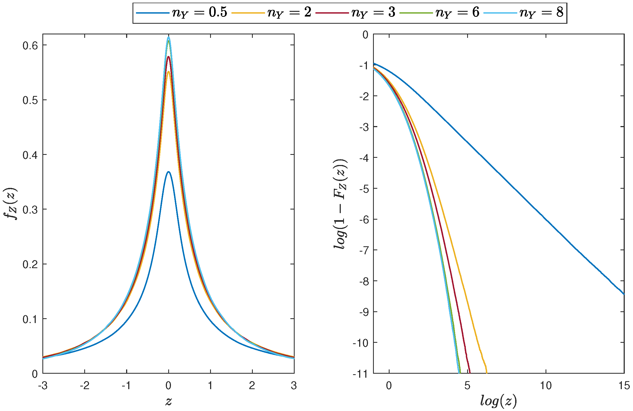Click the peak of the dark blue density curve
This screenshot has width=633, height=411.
(x=169, y=172)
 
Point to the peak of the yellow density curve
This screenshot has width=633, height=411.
(x=169, y=71)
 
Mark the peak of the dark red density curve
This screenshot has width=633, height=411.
(x=169, y=57)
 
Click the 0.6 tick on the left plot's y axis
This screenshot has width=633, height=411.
(x=31, y=46)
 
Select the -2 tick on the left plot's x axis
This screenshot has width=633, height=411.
(x=85, y=385)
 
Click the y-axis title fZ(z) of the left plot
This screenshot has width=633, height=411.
(x=11, y=204)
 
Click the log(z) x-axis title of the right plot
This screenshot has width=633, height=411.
(x=498, y=401)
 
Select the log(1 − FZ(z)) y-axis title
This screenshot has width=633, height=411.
(x=340, y=204)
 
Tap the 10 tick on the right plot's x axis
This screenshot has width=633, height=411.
(x=546, y=385)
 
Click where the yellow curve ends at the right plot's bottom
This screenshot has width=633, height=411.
(x=487, y=372)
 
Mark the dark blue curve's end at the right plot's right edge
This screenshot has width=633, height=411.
(x=624, y=294)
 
